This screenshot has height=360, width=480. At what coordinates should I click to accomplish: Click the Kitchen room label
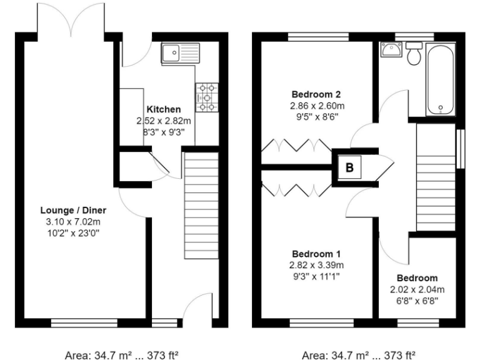tap(164, 109)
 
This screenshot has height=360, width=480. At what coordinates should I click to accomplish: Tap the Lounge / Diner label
tap(73, 209)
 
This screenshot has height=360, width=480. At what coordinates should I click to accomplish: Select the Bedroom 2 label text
tap(316, 94)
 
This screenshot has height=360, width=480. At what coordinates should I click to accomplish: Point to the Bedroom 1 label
tap(316, 254)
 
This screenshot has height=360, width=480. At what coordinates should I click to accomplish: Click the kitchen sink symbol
tap(180, 52)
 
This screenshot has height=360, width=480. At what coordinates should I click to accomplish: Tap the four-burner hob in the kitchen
tap(207, 97)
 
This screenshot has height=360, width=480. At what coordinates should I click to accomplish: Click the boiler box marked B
tap(349, 167)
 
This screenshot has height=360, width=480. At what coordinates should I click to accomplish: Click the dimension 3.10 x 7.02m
tap(73, 221)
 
